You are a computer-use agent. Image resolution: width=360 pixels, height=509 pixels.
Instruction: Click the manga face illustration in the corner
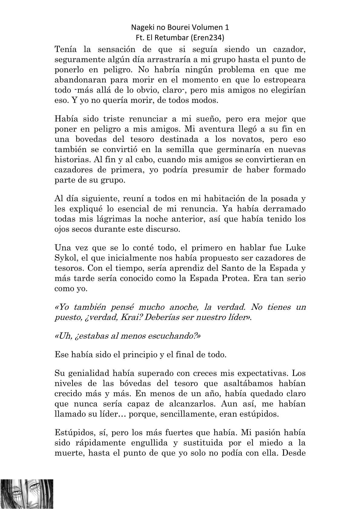[x=27, y=494]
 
